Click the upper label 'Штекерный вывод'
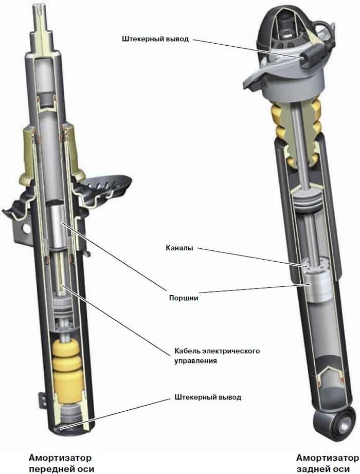pyautogui.click(x=155, y=39)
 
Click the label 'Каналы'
pyautogui.click(x=179, y=248)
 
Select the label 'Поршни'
pyautogui.click(x=183, y=298)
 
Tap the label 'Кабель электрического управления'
pyautogui.click(x=217, y=356)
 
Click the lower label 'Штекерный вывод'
pyautogui.click(x=208, y=397)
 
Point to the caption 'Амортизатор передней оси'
pyautogui.click(x=61, y=463)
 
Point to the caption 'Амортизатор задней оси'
pyautogui.click(x=327, y=463)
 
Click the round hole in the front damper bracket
pyautogui.click(x=27, y=229)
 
